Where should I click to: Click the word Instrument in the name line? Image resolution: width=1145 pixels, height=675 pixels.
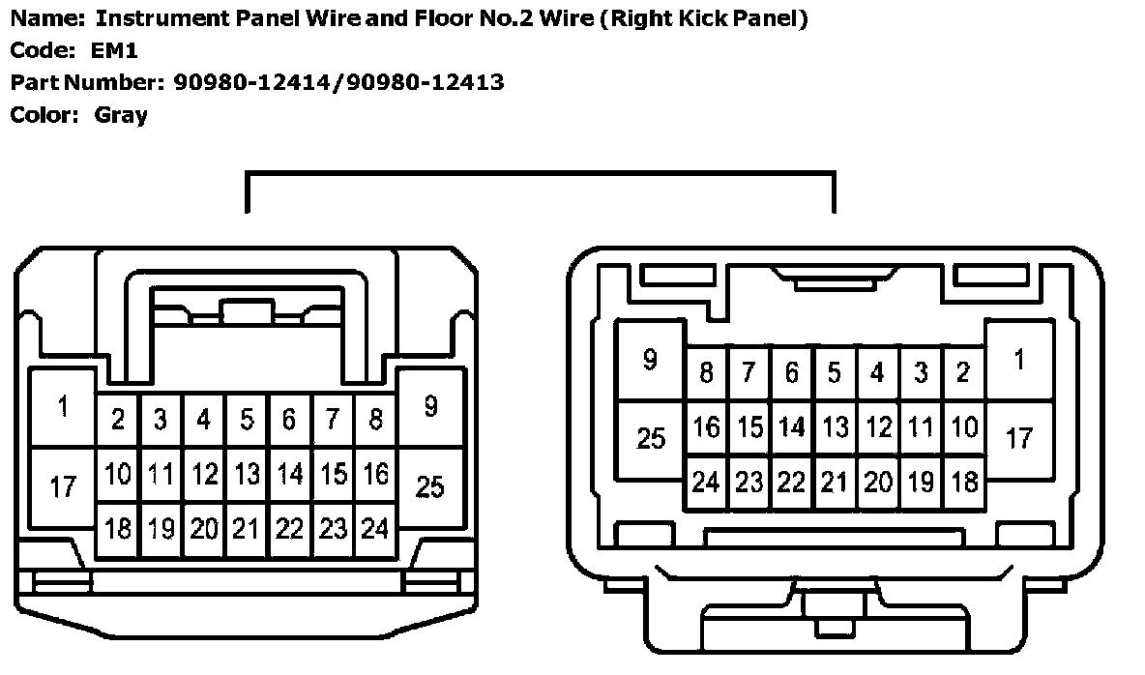click(x=162, y=17)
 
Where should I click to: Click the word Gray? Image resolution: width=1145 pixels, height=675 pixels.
click(x=121, y=115)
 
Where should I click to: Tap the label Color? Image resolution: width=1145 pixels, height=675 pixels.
click(x=44, y=115)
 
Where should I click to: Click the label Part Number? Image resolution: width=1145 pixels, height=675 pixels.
click(x=89, y=82)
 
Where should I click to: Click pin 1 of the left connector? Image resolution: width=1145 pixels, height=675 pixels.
click(x=63, y=406)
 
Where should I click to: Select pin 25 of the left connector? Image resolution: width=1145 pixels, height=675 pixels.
click(x=429, y=486)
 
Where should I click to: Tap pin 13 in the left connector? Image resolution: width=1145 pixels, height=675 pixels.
click(x=248, y=474)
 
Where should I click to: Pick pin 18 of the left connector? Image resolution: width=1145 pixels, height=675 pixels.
click(x=118, y=529)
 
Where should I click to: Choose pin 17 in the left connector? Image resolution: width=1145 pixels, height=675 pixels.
click(x=63, y=486)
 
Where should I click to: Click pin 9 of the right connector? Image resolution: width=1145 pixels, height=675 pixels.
click(x=650, y=360)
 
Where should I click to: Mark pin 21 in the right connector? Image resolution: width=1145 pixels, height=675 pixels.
click(x=834, y=482)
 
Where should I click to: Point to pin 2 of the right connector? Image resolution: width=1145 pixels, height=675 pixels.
click(x=962, y=371)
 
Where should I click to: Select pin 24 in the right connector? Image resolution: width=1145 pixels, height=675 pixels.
click(x=706, y=482)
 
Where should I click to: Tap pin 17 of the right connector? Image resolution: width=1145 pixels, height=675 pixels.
click(x=1018, y=437)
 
